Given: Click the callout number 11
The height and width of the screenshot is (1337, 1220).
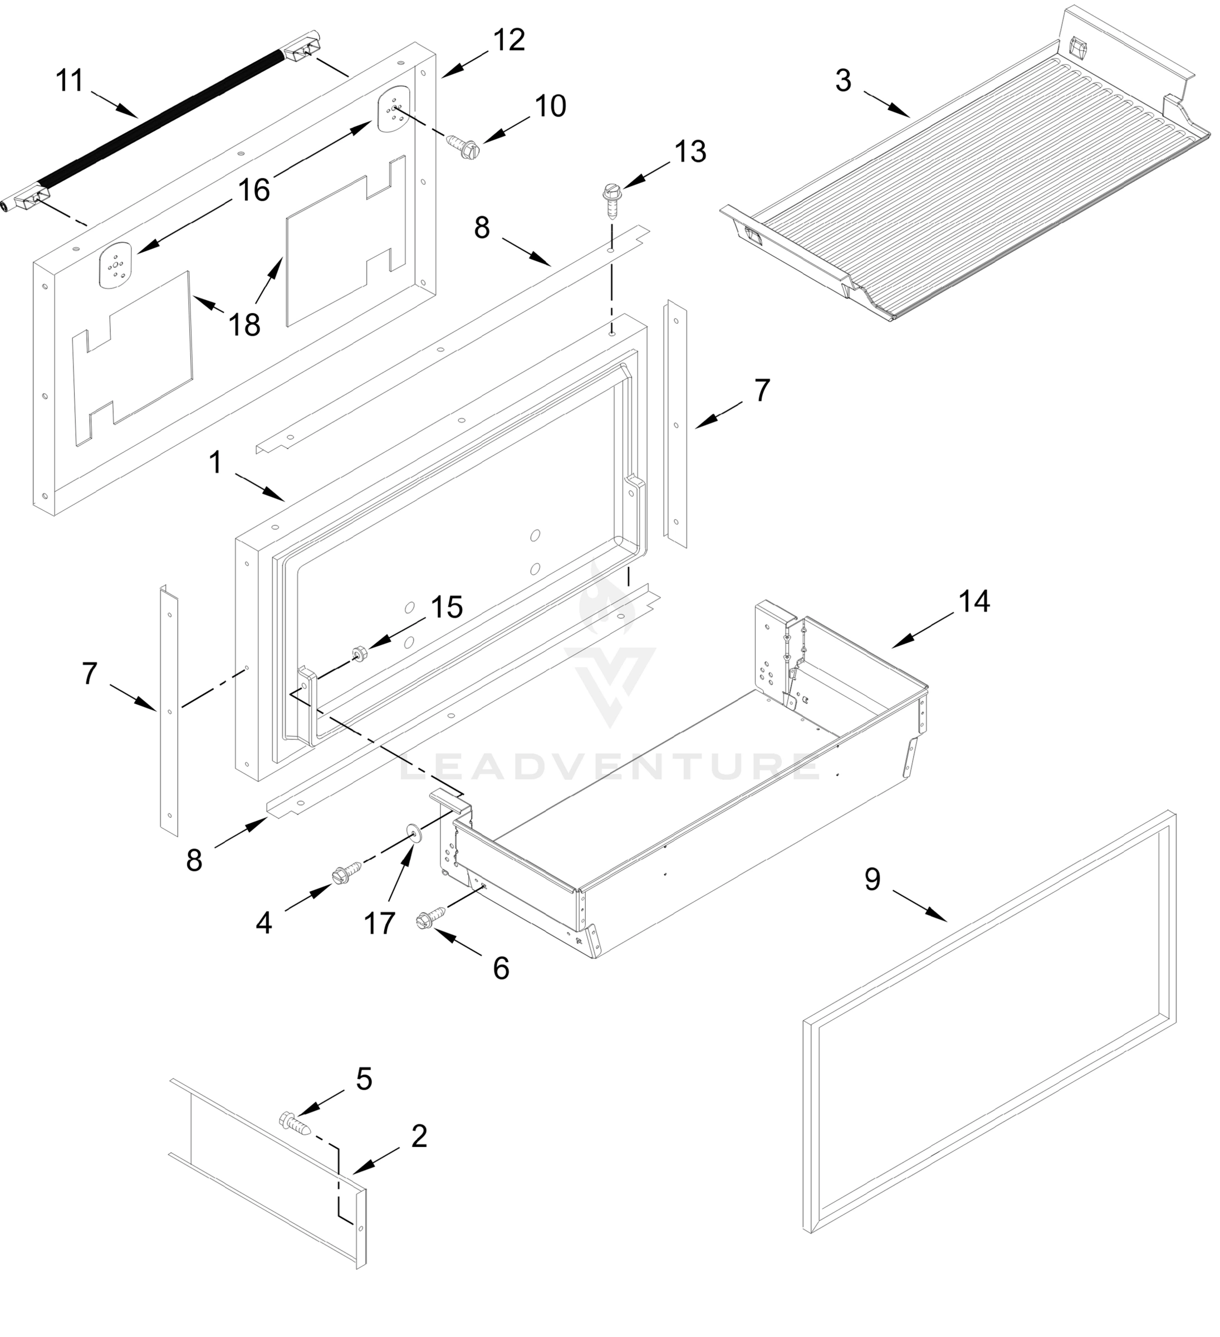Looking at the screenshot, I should coord(69,81).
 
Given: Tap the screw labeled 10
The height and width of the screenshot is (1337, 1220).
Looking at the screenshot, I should coord(462,145).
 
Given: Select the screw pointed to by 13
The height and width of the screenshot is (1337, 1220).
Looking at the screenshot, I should coord(610,202).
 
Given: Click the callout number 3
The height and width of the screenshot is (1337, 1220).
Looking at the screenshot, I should coord(842,80).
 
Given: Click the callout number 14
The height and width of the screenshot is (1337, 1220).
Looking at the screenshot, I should coord(974,602).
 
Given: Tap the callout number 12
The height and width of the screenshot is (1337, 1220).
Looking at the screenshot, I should coord(509,40).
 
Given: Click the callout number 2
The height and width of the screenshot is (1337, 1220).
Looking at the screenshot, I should coord(419,1136).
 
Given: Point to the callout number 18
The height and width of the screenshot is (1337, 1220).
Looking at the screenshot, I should coord(244,325).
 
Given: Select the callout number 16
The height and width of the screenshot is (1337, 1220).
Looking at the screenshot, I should coord(254,191).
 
